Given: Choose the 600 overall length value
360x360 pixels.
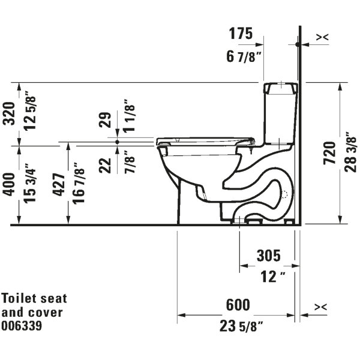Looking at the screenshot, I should [238, 305].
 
